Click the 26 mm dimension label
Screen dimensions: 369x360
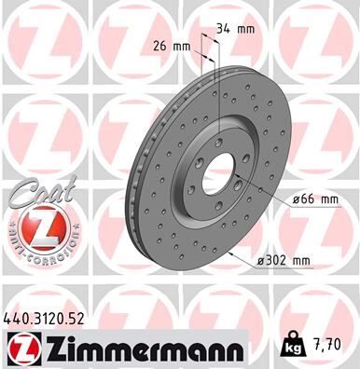[170, 46]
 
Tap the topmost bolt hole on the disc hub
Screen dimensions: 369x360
[216, 141]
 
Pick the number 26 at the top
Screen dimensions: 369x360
[159, 46]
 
